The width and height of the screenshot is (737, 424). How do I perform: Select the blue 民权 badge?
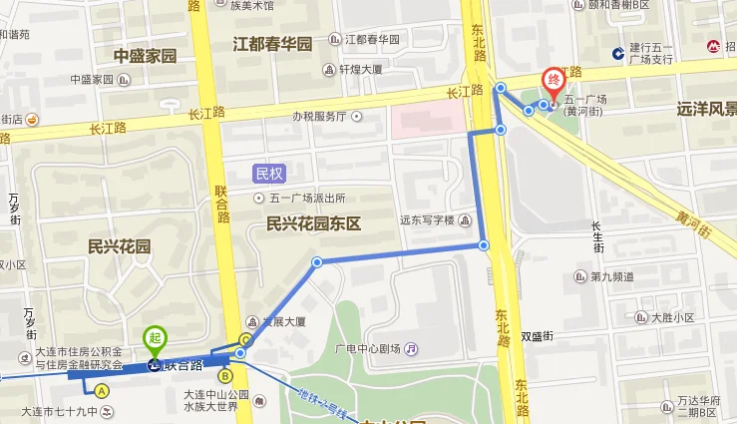point(269,173)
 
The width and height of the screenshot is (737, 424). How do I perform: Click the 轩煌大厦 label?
point(360,70)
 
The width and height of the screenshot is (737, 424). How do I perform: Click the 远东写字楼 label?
point(427,219)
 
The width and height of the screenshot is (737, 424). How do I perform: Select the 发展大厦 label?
point(283,321)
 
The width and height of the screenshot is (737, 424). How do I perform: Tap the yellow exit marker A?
point(102,391)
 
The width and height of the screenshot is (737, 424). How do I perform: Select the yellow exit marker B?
point(225,376)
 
